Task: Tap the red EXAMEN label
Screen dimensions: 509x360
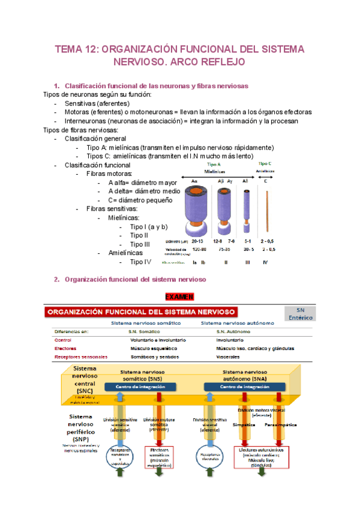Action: pyautogui.click(x=180, y=297)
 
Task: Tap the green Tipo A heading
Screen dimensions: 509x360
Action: pyautogui.click(x=214, y=164)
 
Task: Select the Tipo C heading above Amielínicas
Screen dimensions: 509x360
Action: pyautogui.click(x=265, y=163)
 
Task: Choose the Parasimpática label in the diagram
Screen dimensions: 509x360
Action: pyautogui.click(x=278, y=424)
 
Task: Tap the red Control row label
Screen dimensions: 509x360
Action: pyautogui.click(x=63, y=339)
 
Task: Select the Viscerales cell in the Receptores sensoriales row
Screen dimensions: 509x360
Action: pyautogui.click(x=229, y=357)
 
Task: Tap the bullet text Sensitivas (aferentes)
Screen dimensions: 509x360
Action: pyautogui.click(x=97, y=103)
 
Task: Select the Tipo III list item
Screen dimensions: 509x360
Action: pyautogui.click(x=140, y=244)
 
